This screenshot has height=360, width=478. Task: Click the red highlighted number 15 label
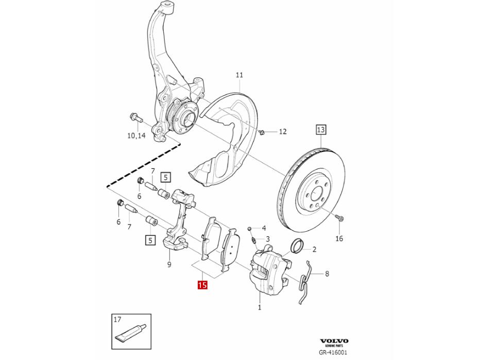point(202,284)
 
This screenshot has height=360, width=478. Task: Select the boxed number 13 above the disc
point(321,130)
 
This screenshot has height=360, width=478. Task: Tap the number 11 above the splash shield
point(239,75)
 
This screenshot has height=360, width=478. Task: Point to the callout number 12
point(282,132)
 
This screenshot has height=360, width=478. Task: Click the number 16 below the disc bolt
point(339,238)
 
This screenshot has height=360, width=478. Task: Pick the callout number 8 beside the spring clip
point(327,274)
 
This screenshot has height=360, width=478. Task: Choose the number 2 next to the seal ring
point(314,250)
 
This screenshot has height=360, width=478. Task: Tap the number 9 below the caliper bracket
point(169,265)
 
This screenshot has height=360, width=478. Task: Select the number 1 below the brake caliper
point(260,307)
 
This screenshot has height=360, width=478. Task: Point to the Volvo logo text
point(334,341)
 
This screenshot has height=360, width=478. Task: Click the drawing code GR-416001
point(334,353)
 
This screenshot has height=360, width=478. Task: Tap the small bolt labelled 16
point(339,218)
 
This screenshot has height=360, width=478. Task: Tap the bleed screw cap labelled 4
point(249,228)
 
